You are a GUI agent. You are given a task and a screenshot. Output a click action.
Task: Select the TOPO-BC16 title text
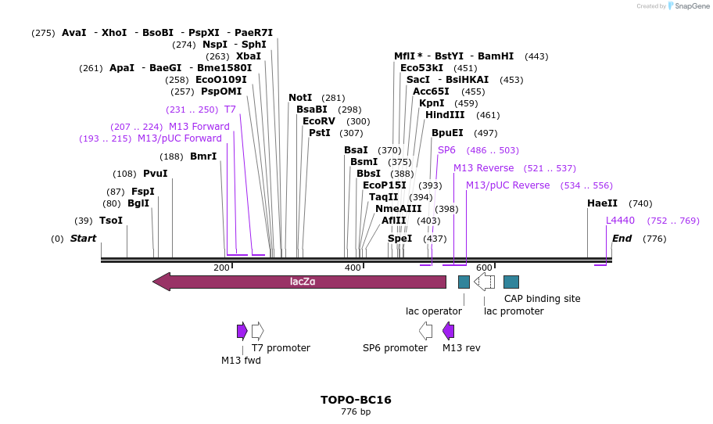click(x=356, y=400)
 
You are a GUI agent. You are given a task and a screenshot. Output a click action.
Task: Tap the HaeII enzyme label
click(x=602, y=203)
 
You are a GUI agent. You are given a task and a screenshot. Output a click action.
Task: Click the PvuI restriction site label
click(x=155, y=174)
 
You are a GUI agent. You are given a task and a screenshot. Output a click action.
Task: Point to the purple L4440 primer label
click(x=620, y=221)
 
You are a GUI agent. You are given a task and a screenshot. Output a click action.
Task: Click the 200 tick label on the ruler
click(x=221, y=268)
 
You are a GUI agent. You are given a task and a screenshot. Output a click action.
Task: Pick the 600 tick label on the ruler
click(x=484, y=268)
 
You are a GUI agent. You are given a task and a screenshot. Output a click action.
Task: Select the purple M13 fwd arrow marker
click(x=242, y=331)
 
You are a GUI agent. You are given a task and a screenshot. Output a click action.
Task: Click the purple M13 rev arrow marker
click(x=448, y=331)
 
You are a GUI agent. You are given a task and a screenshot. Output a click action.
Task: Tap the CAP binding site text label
click(x=542, y=298)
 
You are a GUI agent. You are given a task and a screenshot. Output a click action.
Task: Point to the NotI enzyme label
click(x=299, y=98)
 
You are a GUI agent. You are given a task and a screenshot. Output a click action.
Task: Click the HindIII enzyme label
click(x=445, y=115)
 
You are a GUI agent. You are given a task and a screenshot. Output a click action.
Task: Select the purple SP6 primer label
click(x=446, y=150)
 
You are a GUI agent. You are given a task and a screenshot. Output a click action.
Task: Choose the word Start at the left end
click(x=83, y=239)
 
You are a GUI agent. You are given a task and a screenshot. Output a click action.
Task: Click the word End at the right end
click(x=622, y=239)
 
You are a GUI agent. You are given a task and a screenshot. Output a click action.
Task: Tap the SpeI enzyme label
click(x=399, y=239)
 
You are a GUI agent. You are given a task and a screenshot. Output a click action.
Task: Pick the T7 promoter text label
click(x=281, y=348)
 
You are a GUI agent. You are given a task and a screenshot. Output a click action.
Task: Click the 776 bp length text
click(x=356, y=412)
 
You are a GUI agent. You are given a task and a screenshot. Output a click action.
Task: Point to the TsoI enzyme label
click(x=110, y=221)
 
